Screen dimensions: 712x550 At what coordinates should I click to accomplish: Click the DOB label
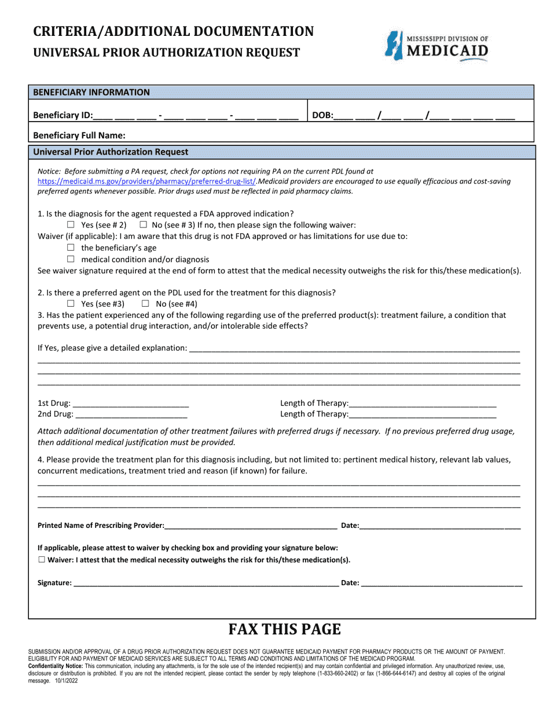pos(322,115)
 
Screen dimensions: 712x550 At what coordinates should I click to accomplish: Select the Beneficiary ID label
pos(63,115)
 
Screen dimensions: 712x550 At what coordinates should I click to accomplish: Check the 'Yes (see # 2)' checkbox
pos(71,225)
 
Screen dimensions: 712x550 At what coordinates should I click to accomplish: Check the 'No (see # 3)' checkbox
pos(144,225)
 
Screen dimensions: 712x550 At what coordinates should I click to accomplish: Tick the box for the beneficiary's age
pos(71,248)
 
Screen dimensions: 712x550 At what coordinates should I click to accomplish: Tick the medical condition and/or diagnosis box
pos(71,259)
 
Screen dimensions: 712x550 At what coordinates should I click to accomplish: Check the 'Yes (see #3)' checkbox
pos(71,304)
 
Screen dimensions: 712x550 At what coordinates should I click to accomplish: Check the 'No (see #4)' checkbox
pos(146,304)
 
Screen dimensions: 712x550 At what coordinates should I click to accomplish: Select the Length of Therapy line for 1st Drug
pos(422,403)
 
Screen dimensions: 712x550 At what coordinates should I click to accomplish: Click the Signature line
pos(206,583)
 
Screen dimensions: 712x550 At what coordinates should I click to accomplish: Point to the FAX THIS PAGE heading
pos(284,629)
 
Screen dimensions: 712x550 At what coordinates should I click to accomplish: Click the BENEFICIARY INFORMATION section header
pos(91,92)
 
